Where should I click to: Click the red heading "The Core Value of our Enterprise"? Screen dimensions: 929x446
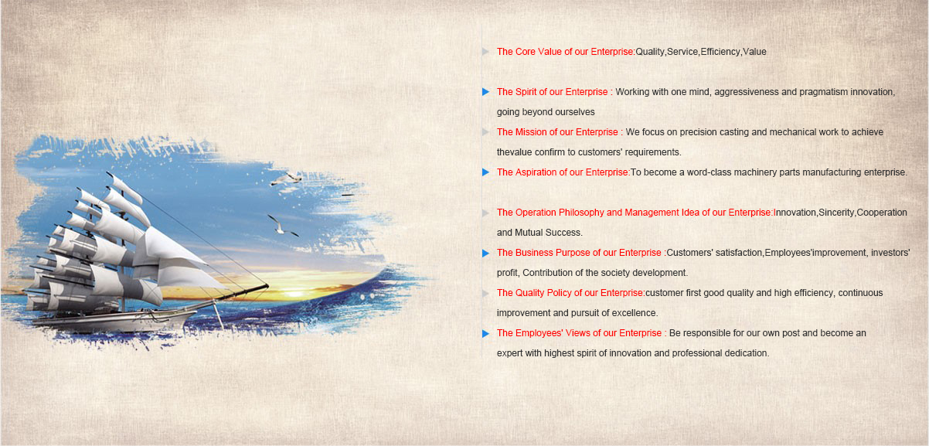pyautogui.click(x=566, y=52)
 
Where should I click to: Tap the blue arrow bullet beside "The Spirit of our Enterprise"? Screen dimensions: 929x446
pyautogui.click(x=485, y=92)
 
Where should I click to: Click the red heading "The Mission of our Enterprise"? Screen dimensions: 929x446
pyautogui.click(x=560, y=132)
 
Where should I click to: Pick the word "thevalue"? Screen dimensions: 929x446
pyautogui.click(x=514, y=152)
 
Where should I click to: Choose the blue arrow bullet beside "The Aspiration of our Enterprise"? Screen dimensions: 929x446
pyautogui.click(x=485, y=172)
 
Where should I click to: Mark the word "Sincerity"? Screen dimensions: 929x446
pyautogui.click(x=837, y=213)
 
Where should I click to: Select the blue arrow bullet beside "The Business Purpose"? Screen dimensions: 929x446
pyautogui.click(x=485, y=253)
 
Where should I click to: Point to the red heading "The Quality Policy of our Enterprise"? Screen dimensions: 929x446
pyautogui.click(x=570, y=293)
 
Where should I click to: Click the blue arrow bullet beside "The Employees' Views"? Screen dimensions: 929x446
pyautogui.click(x=485, y=333)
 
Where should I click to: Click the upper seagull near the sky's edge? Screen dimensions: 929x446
pyautogui.click(x=286, y=179)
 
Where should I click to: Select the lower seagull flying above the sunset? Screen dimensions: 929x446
pyautogui.click(x=282, y=226)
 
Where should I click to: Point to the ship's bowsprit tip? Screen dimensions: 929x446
pyautogui.click(x=267, y=285)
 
